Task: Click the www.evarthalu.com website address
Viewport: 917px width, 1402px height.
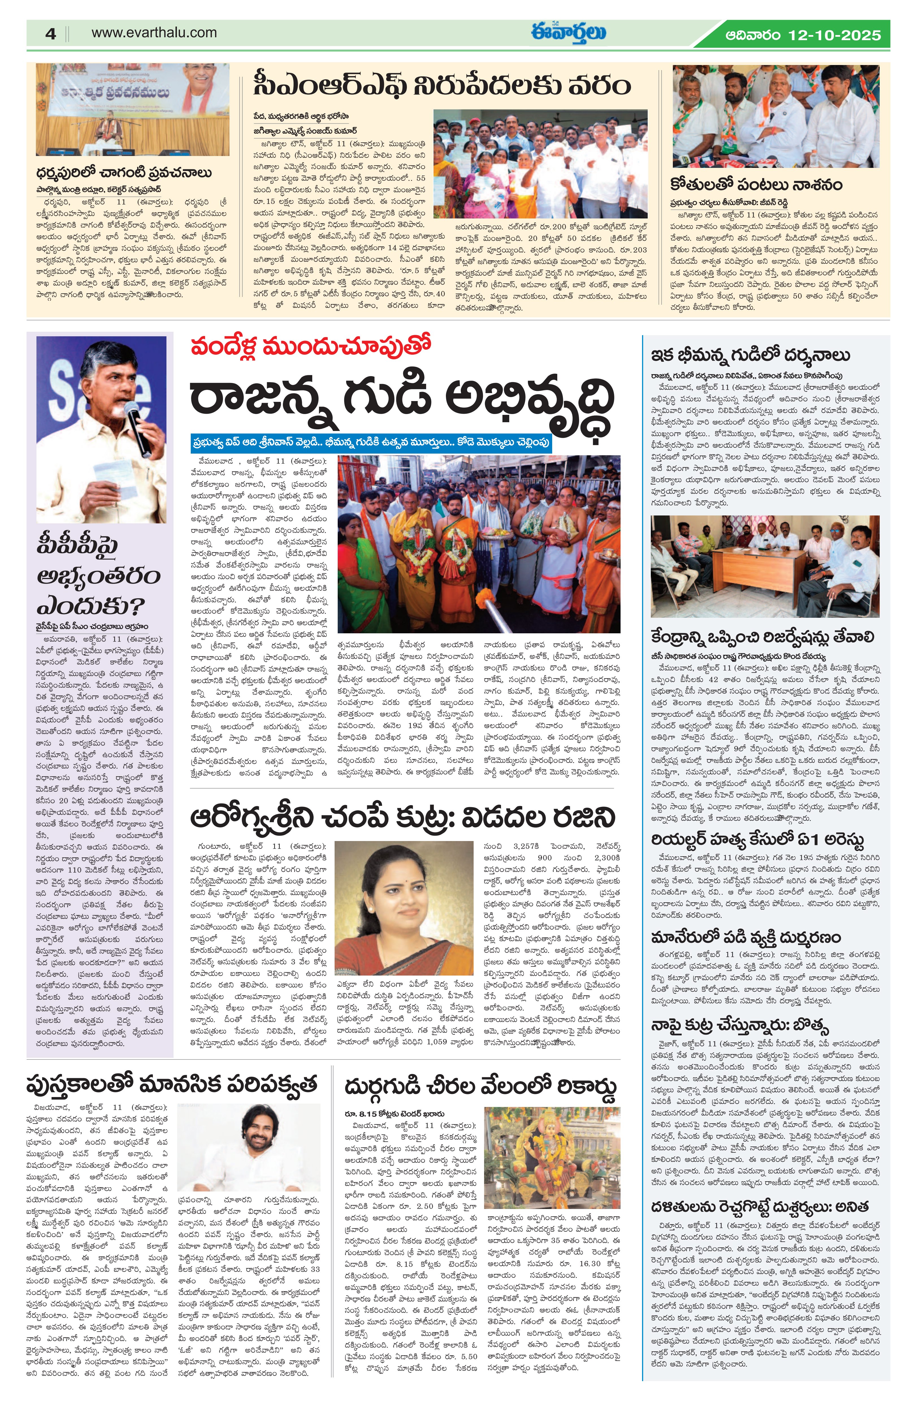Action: click(154, 33)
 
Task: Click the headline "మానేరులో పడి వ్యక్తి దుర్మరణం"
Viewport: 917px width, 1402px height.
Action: click(746, 937)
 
